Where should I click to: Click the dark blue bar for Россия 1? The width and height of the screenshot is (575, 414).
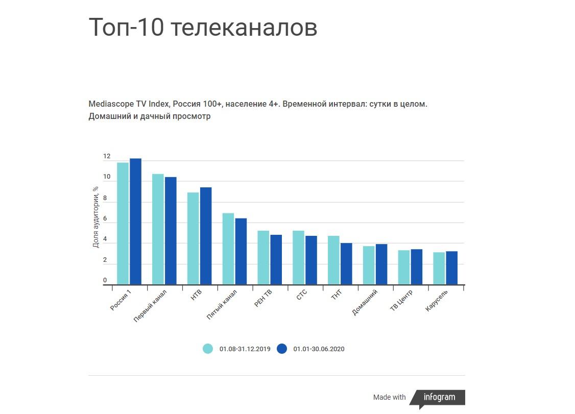pyautogui.click(x=135, y=222)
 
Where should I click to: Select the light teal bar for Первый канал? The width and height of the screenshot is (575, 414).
pyautogui.click(x=158, y=229)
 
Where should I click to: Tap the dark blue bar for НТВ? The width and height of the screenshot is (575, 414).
pyautogui.click(x=205, y=236)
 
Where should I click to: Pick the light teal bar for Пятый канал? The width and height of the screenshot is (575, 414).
pyautogui.click(x=228, y=249)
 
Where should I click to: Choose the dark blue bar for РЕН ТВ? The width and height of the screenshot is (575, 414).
pyautogui.click(x=276, y=259)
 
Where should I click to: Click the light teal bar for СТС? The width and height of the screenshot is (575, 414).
pyautogui.click(x=298, y=257)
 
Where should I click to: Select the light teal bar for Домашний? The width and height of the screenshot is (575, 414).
pyautogui.click(x=369, y=265)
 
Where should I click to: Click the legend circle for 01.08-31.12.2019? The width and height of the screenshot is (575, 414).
pyautogui.click(x=207, y=349)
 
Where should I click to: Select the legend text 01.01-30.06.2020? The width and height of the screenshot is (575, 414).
pyautogui.click(x=319, y=349)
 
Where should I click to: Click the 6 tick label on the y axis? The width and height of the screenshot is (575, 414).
pyautogui.click(x=105, y=219)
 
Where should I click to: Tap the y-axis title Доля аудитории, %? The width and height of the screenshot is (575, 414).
pyautogui.click(x=95, y=217)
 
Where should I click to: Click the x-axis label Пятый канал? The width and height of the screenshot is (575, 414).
pyautogui.click(x=222, y=305)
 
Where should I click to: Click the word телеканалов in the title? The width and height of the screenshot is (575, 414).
pyautogui.click(x=244, y=28)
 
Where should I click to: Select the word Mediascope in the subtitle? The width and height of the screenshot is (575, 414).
pyautogui.click(x=111, y=104)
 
